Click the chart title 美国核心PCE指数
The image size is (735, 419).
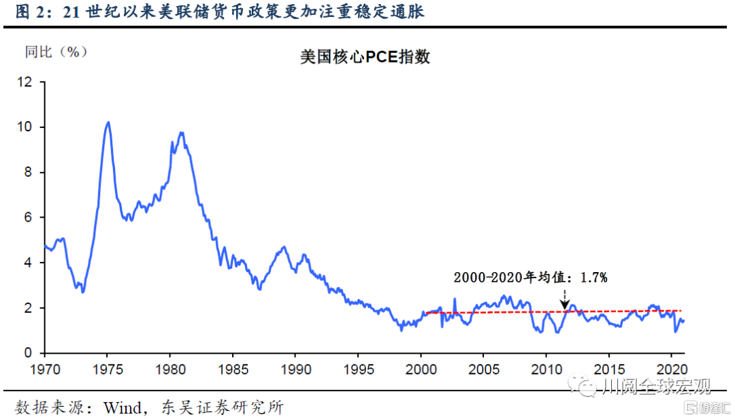pos(365,57)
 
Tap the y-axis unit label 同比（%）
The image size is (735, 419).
pos(56,52)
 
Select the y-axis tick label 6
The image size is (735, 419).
pos(28,218)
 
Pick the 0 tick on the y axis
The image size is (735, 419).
pos(28,353)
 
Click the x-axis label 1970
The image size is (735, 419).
pos(44,369)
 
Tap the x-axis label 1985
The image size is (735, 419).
pos(232,369)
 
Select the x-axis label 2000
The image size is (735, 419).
pos(420,369)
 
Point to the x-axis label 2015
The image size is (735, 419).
pos(608,369)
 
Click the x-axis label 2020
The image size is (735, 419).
pos(670,369)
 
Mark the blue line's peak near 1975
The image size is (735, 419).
pos(108,122)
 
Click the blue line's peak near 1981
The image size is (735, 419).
pos(181,133)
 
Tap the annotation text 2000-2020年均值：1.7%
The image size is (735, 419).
pos(530,277)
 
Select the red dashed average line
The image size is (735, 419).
pos(490,312)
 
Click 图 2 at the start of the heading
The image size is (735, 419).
pos(27,12)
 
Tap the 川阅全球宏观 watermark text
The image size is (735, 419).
pos(656,387)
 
